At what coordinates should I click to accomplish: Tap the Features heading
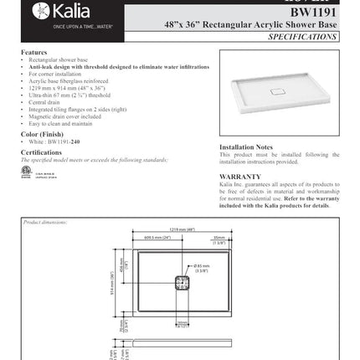(x=33, y=52)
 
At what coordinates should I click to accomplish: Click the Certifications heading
(x=41, y=152)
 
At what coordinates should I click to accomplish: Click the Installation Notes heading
(x=246, y=147)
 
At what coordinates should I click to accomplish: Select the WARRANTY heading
(x=240, y=177)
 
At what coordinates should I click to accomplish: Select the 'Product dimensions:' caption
(x=47, y=222)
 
